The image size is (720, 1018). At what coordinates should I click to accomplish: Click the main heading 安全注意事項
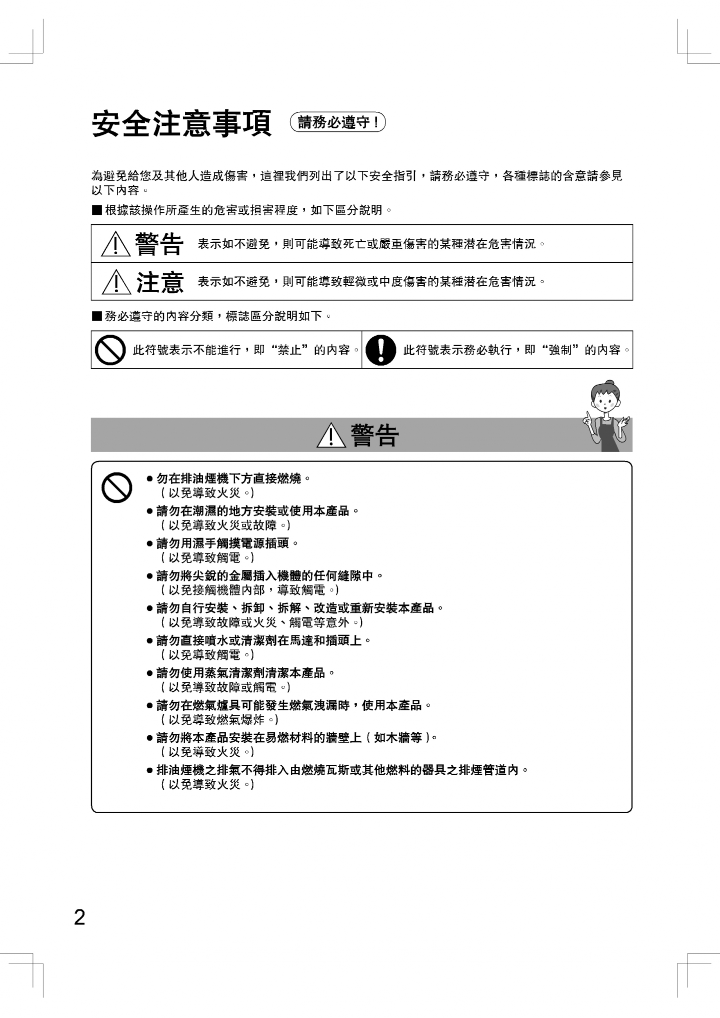point(181,123)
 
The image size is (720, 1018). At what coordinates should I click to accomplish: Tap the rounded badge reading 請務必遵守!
point(338,122)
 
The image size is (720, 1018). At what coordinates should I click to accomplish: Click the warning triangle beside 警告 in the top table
point(115,245)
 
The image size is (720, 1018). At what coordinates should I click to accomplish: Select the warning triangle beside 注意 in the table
point(115,282)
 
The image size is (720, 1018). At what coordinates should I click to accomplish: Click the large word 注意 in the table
point(160,282)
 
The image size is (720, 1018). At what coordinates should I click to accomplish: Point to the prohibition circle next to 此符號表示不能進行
point(110,350)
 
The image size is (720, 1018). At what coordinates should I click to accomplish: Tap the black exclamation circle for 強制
point(380,350)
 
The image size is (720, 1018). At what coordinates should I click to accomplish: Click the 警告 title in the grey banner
point(375,436)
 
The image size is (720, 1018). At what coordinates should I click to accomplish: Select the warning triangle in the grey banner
point(331,436)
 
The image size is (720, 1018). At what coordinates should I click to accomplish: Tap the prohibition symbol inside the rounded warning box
point(116,488)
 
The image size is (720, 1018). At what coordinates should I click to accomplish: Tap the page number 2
point(79,918)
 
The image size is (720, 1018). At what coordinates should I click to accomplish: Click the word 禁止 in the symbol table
point(289,350)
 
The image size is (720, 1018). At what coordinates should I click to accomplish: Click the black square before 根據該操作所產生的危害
point(96,210)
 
